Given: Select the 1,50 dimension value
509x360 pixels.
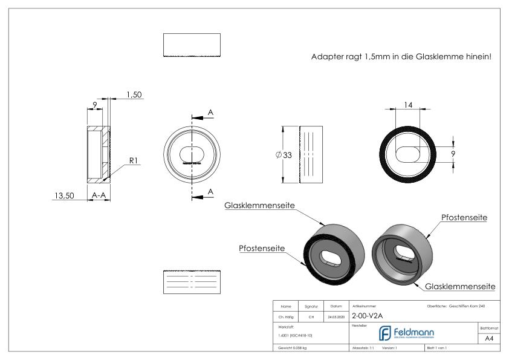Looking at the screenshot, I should point(134,95).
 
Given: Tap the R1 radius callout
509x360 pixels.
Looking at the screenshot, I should point(135,161).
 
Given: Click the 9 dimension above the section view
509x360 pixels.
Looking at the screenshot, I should point(96,105).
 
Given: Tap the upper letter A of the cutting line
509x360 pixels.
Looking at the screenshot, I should point(210,113).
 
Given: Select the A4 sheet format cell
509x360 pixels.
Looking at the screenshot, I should point(491,339).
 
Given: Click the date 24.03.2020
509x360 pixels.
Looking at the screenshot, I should point(336,316).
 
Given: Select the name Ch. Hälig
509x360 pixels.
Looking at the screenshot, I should point(286,316).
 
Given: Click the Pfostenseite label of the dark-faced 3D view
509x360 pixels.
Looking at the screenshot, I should point(262,249).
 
